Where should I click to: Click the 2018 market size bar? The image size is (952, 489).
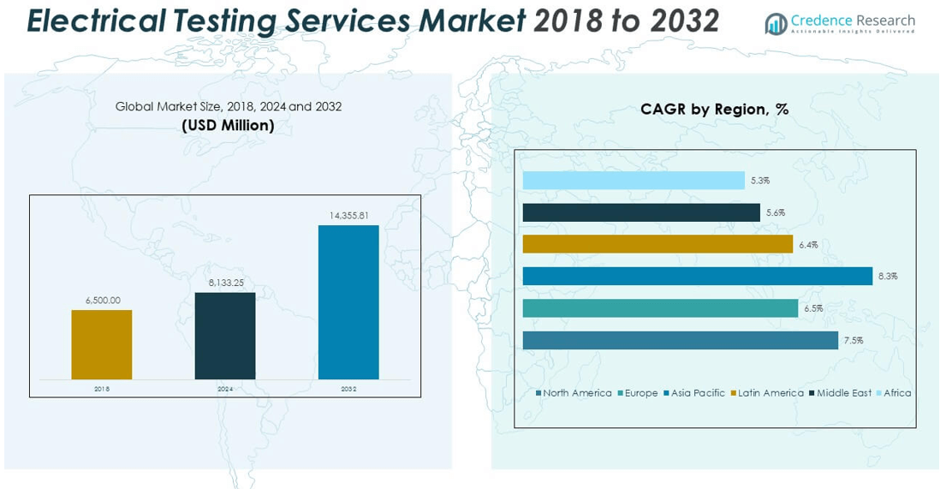pos(102,344)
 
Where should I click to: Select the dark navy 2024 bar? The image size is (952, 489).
pos(225,336)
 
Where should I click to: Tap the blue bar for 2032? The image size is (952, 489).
pos(348,301)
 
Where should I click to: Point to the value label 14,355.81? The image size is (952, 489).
pos(348,216)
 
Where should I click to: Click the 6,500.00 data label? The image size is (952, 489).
pos(103,301)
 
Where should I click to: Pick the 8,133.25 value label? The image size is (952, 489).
pos(225,283)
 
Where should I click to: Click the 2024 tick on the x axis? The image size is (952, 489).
pos(225,389)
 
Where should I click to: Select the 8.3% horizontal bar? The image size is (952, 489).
pos(697,276)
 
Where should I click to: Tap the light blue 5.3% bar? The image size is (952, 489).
pos(634,180)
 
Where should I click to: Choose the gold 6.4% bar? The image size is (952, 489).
pos(657,244)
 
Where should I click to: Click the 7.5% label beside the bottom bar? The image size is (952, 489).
pos(854,341)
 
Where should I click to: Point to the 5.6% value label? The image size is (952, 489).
pos(776,212)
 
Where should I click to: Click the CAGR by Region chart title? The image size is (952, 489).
pos(715,110)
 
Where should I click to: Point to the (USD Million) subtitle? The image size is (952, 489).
pos(229,126)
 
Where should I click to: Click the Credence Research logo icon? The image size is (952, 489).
pos(776,23)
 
